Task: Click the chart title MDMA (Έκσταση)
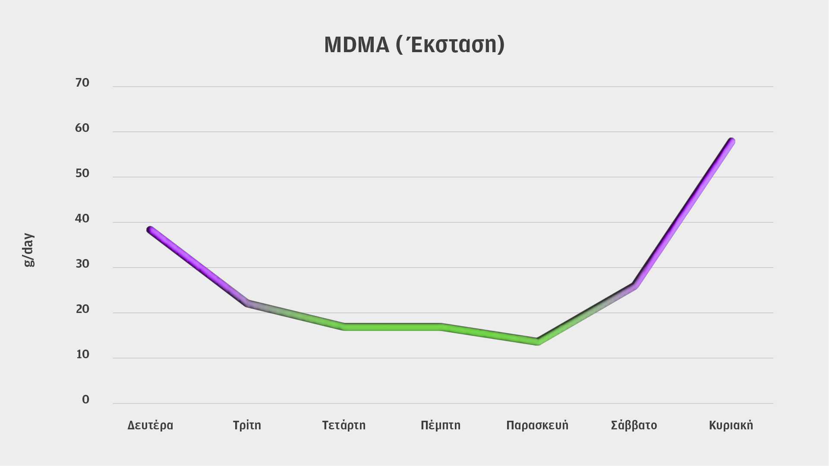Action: click(414, 44)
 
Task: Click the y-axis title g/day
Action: click(29, 250)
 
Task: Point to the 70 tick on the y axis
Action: click(82, 83)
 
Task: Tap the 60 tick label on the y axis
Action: click(82, 128)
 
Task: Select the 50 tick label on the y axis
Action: click(82, 173)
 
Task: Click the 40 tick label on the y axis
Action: click(82, 219)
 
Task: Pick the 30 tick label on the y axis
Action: click(82, 264)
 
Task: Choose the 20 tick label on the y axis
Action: click(82, 309)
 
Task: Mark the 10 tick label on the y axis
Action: click(82, 354)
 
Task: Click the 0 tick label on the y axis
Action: click(85, 400)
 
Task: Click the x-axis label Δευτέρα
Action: click(150, 425)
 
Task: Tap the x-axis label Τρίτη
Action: click(247, 425)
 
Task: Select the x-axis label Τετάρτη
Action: click(344, 425)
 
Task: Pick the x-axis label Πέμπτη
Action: click(441, 425)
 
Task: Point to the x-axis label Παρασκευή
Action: click(537, 425)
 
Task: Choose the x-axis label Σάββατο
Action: click(634, 425)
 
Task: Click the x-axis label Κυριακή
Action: click(731, 425)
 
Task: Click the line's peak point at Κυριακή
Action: click(731, 141)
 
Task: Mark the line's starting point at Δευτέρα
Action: click(150, 230)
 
